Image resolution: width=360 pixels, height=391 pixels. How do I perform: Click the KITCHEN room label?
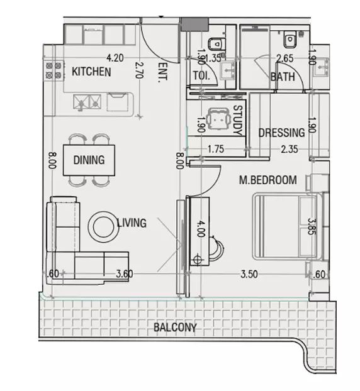(x=91, y=72)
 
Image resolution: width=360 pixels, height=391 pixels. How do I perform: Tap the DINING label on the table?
(x=89, y=160)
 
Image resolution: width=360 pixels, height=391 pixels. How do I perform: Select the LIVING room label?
(x=132, y=223)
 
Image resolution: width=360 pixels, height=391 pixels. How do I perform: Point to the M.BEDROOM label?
(x=268, y=180)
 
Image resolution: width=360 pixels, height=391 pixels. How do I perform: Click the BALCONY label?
(x=175, y=327)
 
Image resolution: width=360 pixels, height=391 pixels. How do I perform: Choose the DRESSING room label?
(x=281, y=133)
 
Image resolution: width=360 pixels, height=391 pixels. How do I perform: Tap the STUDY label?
(x=238, y=120)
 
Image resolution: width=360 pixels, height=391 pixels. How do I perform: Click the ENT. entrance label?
(x=163, y=72)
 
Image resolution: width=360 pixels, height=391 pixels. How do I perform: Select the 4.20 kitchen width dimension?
(x=115, y=58)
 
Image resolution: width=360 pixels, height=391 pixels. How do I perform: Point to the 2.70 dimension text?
(x=139, y=70)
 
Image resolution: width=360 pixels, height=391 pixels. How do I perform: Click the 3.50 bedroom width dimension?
(x=249, y=274)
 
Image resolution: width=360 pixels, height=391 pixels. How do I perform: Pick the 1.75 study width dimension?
(x=216, y=149)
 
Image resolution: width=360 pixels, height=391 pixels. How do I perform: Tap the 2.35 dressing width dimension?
(x=290, y=149)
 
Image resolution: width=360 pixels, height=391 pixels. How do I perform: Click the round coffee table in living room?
(x=103, y=226)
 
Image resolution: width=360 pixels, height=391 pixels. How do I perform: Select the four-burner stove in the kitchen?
(x=53, y=70)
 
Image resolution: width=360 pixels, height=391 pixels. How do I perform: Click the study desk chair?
(x=219, y=118)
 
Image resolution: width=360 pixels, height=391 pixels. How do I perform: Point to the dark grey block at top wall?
(x=194, y=24)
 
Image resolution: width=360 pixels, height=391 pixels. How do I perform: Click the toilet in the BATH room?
(x=290, y=39)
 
